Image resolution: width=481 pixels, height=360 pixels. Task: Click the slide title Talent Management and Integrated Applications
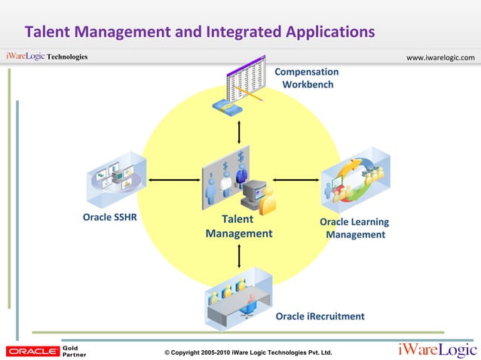coord(200,32)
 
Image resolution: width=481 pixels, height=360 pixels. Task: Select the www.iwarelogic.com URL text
coord(440,58)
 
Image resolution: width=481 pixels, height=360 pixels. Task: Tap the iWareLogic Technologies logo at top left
coord(47,57)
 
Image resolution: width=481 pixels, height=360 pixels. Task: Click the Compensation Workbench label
coord(307,78)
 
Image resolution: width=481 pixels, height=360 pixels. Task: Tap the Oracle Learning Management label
coord(354,228)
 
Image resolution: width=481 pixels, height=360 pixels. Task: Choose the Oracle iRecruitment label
coord(320,316)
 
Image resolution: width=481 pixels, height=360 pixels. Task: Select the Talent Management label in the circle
coord(239,227)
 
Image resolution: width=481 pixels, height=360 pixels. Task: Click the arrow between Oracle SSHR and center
coord(175,180)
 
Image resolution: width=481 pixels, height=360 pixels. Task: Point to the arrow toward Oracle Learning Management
coord(296,180)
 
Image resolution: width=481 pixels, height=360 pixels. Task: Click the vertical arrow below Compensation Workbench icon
coord(239,130)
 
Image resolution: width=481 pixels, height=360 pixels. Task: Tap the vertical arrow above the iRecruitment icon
coord(239,255)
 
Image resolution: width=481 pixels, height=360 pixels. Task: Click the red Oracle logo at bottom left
coord(32,351)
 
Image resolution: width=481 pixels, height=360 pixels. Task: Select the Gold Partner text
coord(73,351)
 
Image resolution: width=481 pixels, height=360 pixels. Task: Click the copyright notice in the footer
coord(247,352)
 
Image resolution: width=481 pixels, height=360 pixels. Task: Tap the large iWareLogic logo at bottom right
coord(437,349)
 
